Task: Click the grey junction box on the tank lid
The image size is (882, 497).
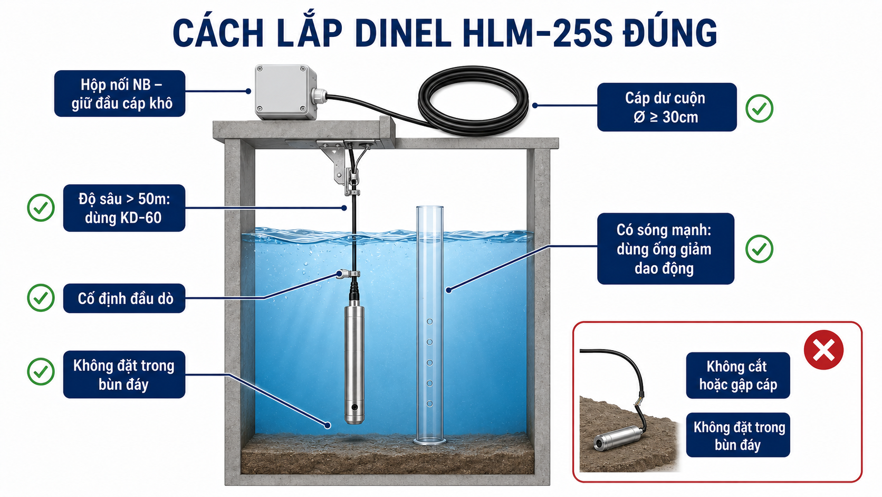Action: coord(285,92)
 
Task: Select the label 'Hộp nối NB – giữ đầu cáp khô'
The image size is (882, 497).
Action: coord(120,93)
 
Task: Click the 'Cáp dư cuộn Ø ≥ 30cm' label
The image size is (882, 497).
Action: coord(667,107)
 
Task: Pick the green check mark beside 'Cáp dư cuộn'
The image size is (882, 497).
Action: coord(759,108)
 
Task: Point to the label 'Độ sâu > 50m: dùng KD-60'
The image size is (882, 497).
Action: coord(124,208)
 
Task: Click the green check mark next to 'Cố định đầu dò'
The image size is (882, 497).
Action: coord(41,298)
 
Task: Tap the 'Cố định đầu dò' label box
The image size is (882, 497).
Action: coord(124,298)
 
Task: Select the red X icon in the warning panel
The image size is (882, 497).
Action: coord(823,350)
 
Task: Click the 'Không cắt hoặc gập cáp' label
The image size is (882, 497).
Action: coord(738,375)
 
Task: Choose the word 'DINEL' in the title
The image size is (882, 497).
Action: coord(403,33)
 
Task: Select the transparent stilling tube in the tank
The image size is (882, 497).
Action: coord(429,325)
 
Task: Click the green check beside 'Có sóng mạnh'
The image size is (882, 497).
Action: coord(759,249)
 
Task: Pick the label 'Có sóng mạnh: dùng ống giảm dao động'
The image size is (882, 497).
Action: coord(665,249)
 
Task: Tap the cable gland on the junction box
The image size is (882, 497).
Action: coord(319,95)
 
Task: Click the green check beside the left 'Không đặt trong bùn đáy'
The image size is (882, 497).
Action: coord(41,371)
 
